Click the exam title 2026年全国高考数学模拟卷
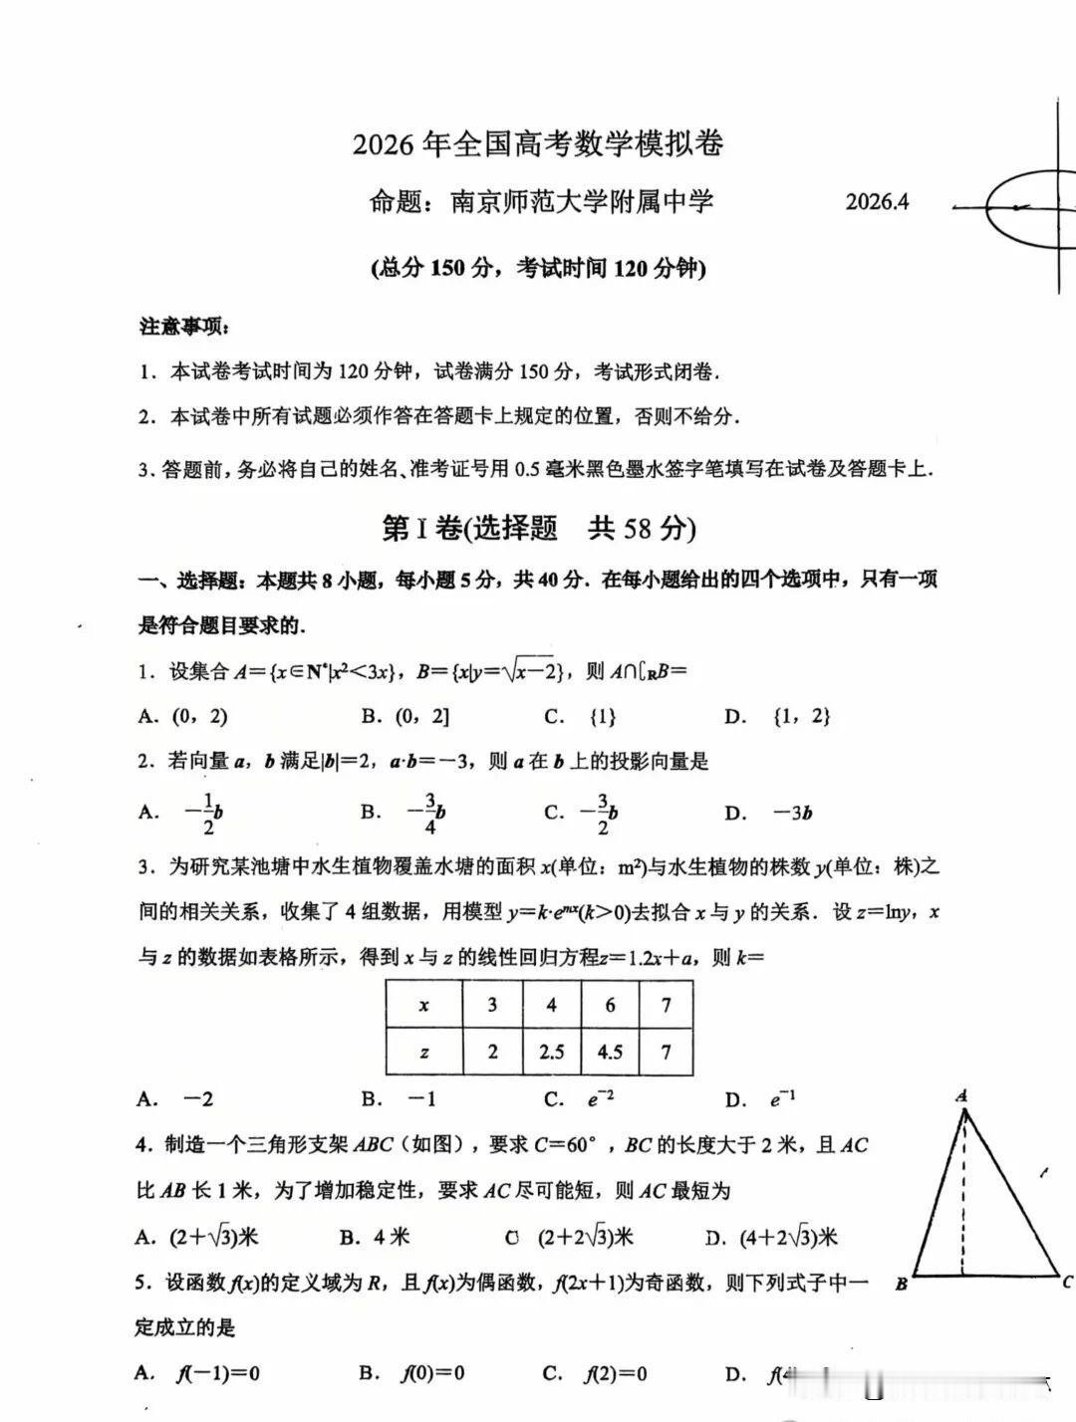pyautogui.click(x=538, y=144)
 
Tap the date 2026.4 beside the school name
pyautogui.click(x=877, y=202)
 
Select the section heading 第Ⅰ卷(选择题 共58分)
pyautogui.click(x=538, y=528)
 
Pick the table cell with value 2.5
pyautogui.click(x=551, y=1052)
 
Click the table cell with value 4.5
pyautogui.click(x=610, y=1052)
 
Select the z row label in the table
pyautogui.click(x=424, y=1052)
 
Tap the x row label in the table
pyautogui.click(x=424, y=1006)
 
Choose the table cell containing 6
pyautogui.click(x=610, y=1006)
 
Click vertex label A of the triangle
pyautogui.click(x=961, y=1096)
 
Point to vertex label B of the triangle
pyautogui.click(x=901, y=1284)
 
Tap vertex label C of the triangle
pyautogui.click(x=1067, y=1282)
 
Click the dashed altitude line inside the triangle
pyautogui.click(x=962, y=1195)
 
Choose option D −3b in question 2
pyautogui.click(x=768, y=814)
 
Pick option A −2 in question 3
pyautogui.click(x=176, y=1099)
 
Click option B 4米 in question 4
pyautogui.click(x=375, y=1238)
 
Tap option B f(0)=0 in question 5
pyautogui.click(x=412, y=1374)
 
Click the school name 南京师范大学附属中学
pyautogui.click(x=582, y=202)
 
